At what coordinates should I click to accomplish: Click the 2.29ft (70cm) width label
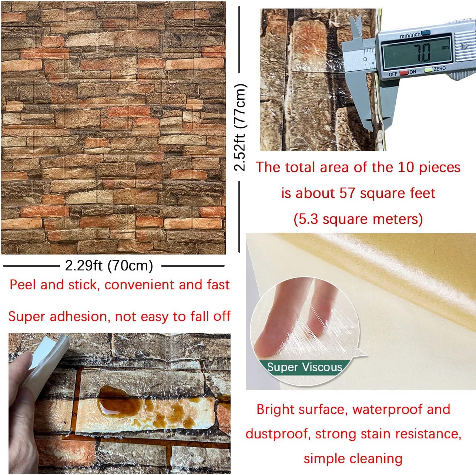click(109, 266)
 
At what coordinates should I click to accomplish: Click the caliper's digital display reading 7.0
click(417, 52)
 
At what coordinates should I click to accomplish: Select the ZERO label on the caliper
click(440, 69)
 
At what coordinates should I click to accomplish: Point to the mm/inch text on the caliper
click(410, 35)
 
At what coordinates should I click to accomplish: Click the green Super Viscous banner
click(304, 367)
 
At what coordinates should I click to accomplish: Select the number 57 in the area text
click(347, 193)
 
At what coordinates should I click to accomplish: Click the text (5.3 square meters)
click(358, 219)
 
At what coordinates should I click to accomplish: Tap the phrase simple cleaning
click(353, 458)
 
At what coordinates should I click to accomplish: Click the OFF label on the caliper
click(393, 74)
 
